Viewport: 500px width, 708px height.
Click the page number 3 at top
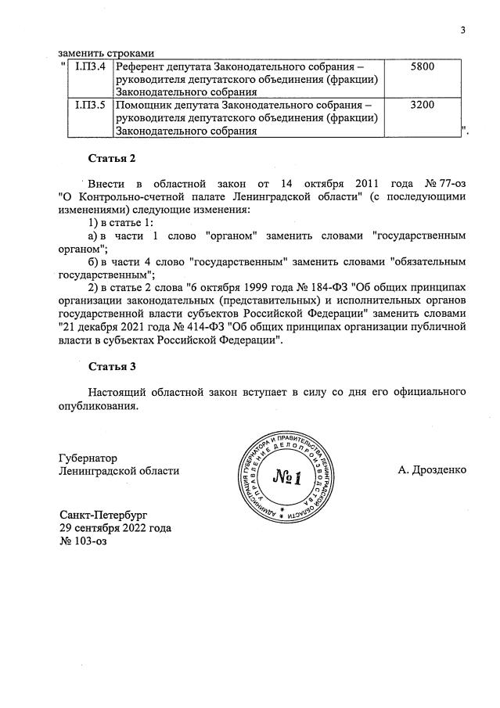point(462,31)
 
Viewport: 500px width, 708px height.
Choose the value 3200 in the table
point(423,103)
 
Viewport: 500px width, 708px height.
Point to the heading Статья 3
point(112,366)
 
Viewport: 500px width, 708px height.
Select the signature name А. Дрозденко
point(432,470)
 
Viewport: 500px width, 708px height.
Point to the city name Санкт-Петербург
point(103,514)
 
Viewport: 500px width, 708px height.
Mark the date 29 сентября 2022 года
point(115,527)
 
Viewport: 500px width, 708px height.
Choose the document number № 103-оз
point(82,541)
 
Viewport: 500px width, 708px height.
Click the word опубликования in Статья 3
point(99,405)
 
